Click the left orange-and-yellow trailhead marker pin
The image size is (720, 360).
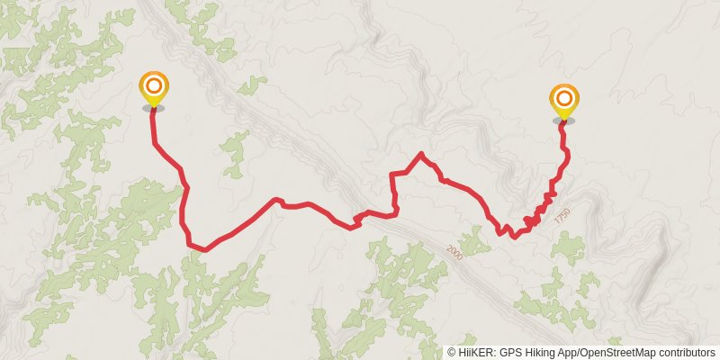point(154,90)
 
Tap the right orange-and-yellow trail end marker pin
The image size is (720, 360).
point(564,102)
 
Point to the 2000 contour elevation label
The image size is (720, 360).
point(454,255)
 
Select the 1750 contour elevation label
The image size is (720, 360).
point(562,217)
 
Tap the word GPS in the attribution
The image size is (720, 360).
point(510,353)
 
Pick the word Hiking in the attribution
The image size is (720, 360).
point(540,353)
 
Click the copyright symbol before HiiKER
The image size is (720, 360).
point(452,353)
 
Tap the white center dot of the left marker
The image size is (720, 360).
point(154,85)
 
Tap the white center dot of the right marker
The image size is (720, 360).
point(564,97)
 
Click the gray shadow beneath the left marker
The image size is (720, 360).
point(154,108)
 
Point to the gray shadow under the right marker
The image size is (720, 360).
point(564,120)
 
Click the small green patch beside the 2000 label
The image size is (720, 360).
point(473,240)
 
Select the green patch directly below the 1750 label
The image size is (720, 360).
point(569,247)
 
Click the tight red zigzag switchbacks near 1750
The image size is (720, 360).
point(537,212)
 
